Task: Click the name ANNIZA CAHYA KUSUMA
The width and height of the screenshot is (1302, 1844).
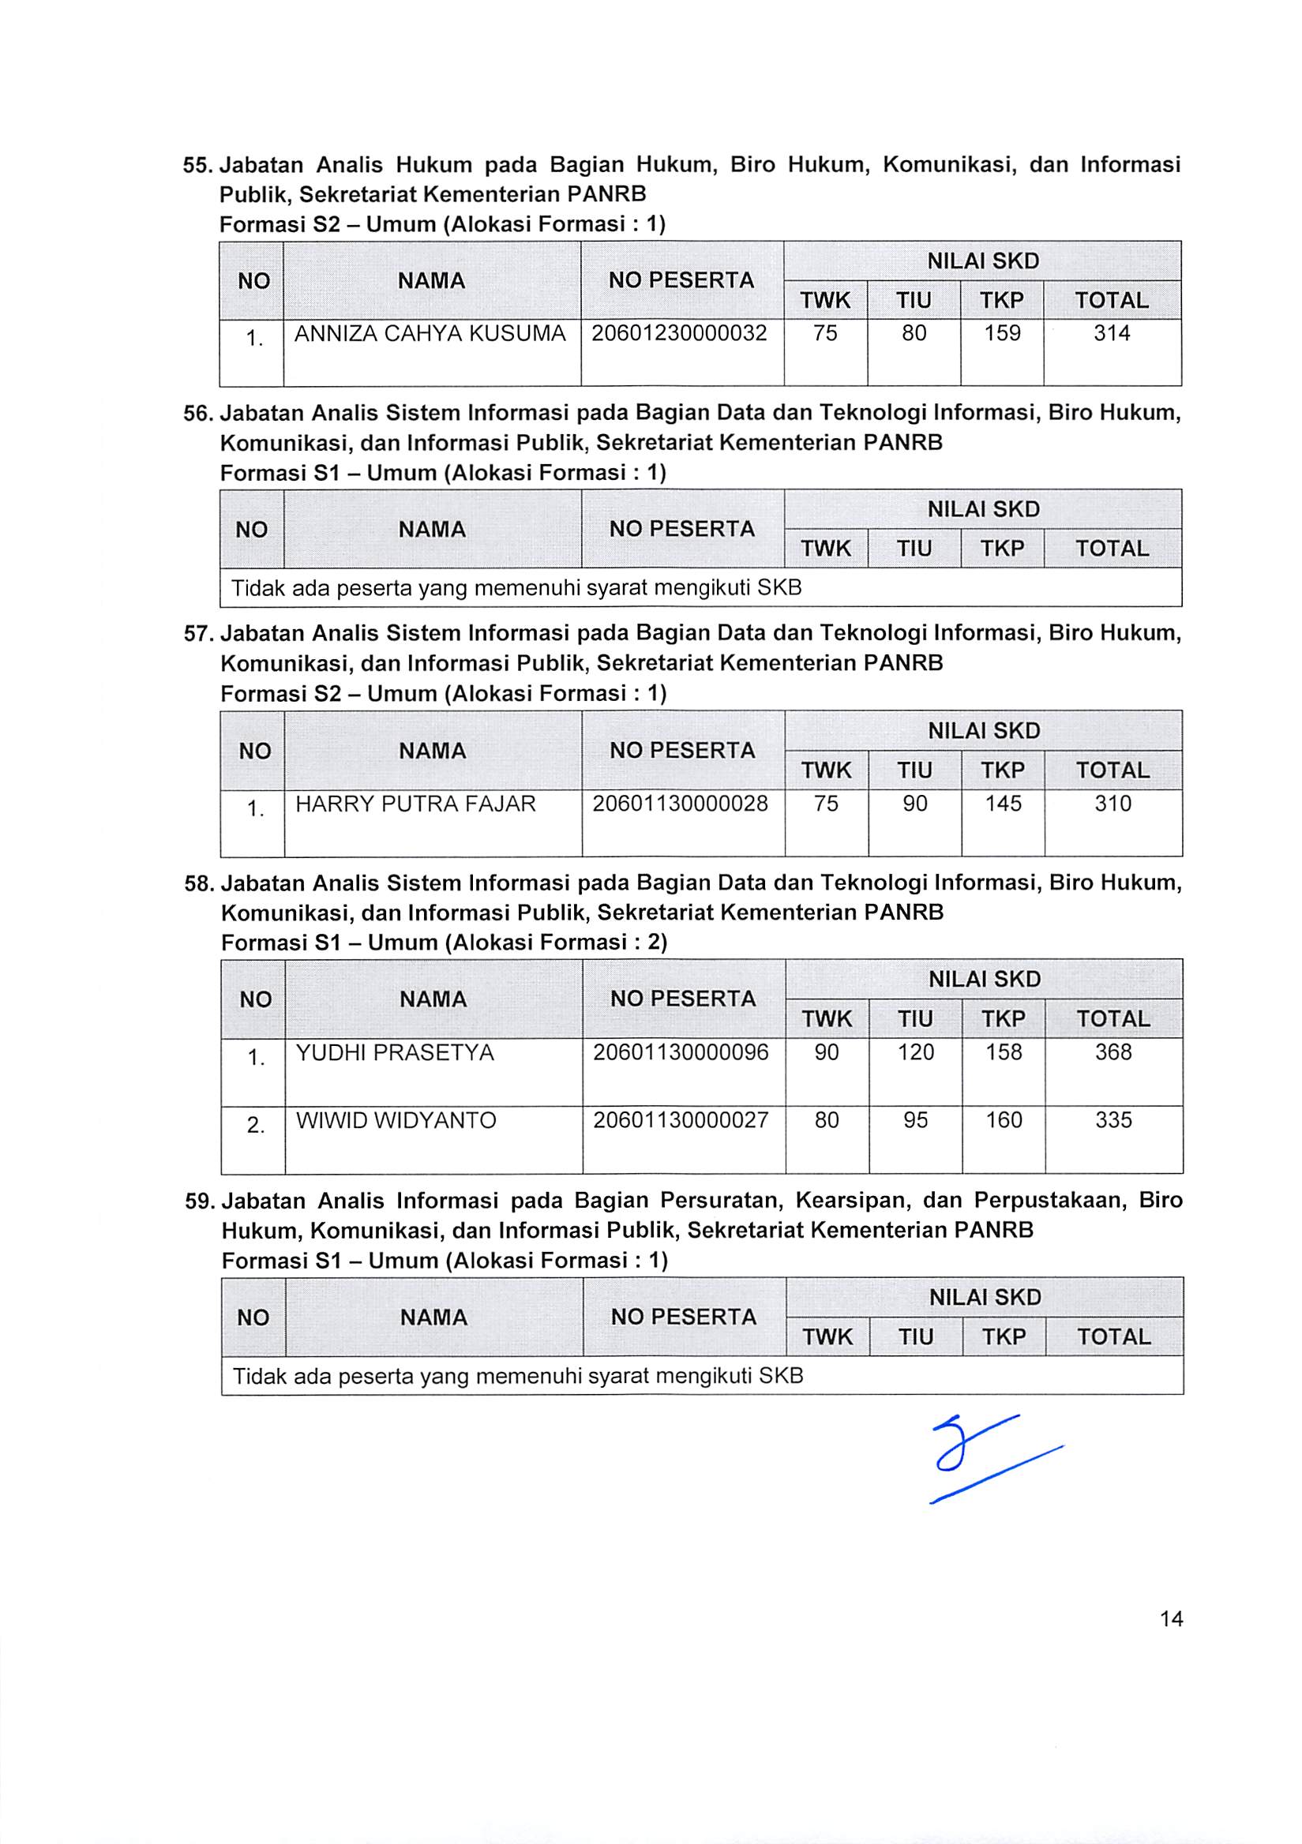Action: point(430,333)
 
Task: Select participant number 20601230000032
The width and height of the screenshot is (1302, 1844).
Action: point(680,333)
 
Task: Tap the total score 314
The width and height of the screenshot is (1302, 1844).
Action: point(1112,333)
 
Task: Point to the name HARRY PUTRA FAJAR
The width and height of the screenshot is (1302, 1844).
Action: point(415,804)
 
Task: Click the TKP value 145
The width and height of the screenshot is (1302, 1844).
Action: point(1004,804)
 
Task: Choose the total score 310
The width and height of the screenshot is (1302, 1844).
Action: point(1113,804)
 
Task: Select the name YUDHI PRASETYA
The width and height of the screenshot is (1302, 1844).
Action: point(395,1052)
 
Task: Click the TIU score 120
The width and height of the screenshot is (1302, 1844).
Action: point(916,1052)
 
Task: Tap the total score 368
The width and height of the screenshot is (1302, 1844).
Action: point(1113,1052)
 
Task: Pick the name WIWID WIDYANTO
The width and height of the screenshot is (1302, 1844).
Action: point(397,1120)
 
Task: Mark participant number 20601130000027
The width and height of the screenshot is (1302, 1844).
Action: point(681,1120)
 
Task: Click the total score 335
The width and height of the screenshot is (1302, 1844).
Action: point(1113,1120)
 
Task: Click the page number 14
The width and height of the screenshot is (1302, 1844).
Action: point(1171,1619)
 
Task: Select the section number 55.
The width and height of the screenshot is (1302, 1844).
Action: point(197,166)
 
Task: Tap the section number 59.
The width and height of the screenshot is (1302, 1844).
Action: point(198,1201)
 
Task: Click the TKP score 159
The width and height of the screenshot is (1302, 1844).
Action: point(1003,333)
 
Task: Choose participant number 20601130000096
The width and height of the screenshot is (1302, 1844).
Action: point(681,1052)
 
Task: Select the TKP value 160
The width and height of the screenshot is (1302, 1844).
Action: point(1004,1120)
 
